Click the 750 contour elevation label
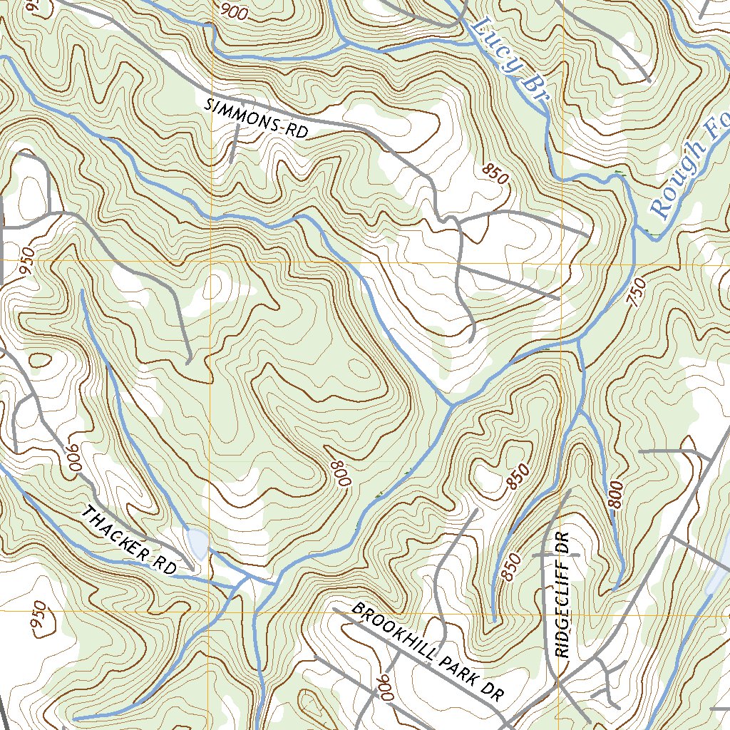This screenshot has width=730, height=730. tap(637, 292)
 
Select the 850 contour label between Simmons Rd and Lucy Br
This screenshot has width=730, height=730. tap(495, 173)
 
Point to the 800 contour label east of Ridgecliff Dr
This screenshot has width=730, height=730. tap(617, 495)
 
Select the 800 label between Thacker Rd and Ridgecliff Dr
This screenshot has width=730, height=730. tap(341, 471)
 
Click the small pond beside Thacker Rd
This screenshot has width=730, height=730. tap(195, 544)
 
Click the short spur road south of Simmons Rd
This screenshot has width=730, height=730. tap(234, 143)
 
